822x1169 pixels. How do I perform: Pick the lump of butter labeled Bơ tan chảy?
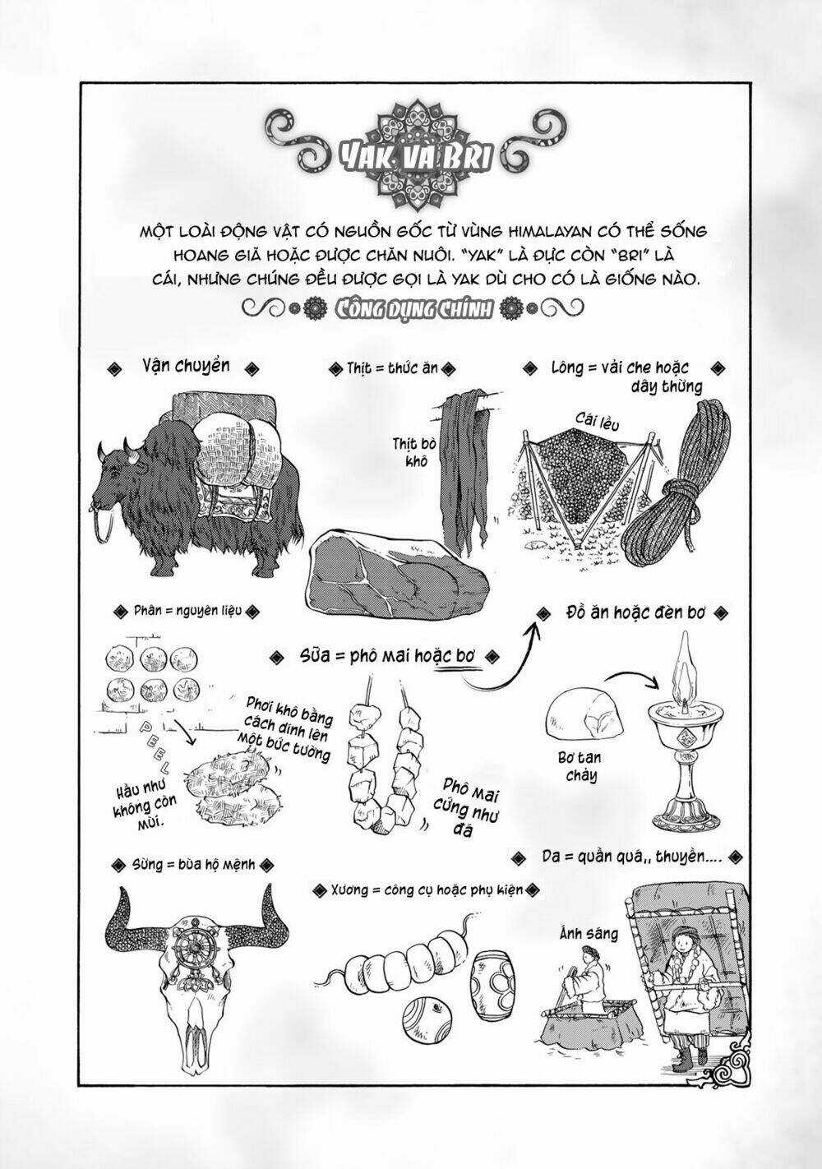(580, 713)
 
